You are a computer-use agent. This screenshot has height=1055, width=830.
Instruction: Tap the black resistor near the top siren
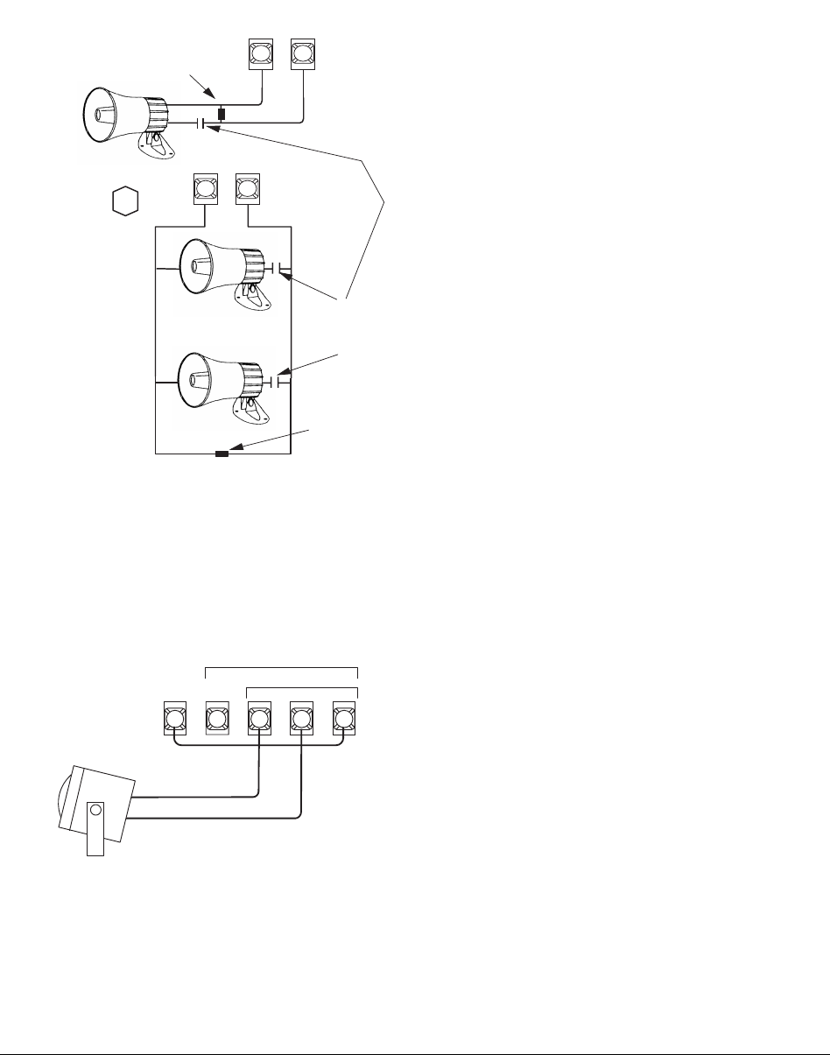click(x=222, y=115)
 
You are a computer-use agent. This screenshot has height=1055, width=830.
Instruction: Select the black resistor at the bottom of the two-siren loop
click(x=222, y=454)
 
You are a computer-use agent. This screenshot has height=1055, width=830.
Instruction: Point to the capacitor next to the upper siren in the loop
click(x=277, y=268)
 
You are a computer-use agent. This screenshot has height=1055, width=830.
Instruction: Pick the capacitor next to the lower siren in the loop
click(x=277, y=382)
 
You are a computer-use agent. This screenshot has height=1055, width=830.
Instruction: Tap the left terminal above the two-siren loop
click(x=205, y=190)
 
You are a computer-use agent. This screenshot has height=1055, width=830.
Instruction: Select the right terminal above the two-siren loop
click(x=249, y=190)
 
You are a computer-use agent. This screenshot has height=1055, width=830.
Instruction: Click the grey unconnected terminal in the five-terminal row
click(x=216, y=720)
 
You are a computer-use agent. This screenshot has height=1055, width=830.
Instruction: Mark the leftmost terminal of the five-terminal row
click(x=175, y=720)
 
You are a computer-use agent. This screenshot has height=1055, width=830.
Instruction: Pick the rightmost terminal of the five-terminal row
click(x=343, y=720)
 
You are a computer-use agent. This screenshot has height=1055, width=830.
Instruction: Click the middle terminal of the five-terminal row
click(x=259, y=720)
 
